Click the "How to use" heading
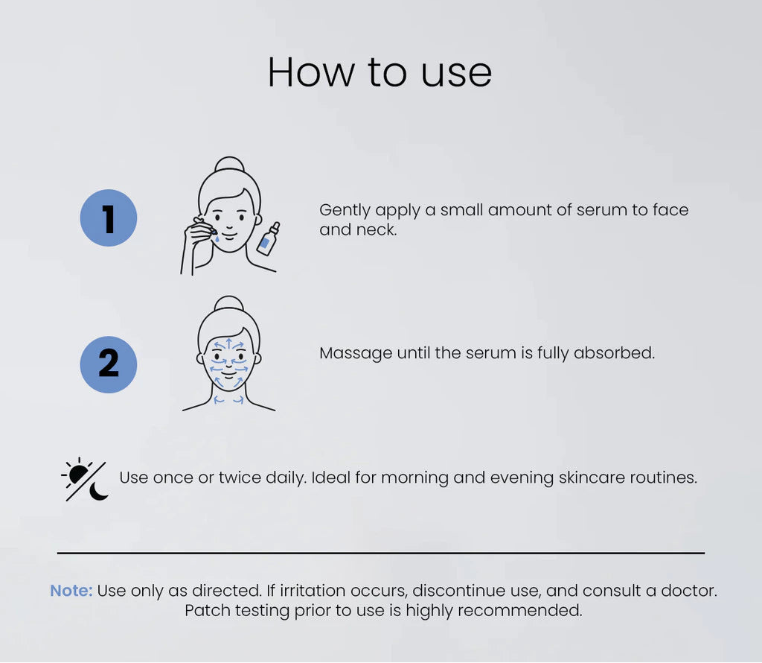point(380,73)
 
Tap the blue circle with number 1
point(109,218)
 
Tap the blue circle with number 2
point(109,364)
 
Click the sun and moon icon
point(85,480)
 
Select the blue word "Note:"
point(71,591)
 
